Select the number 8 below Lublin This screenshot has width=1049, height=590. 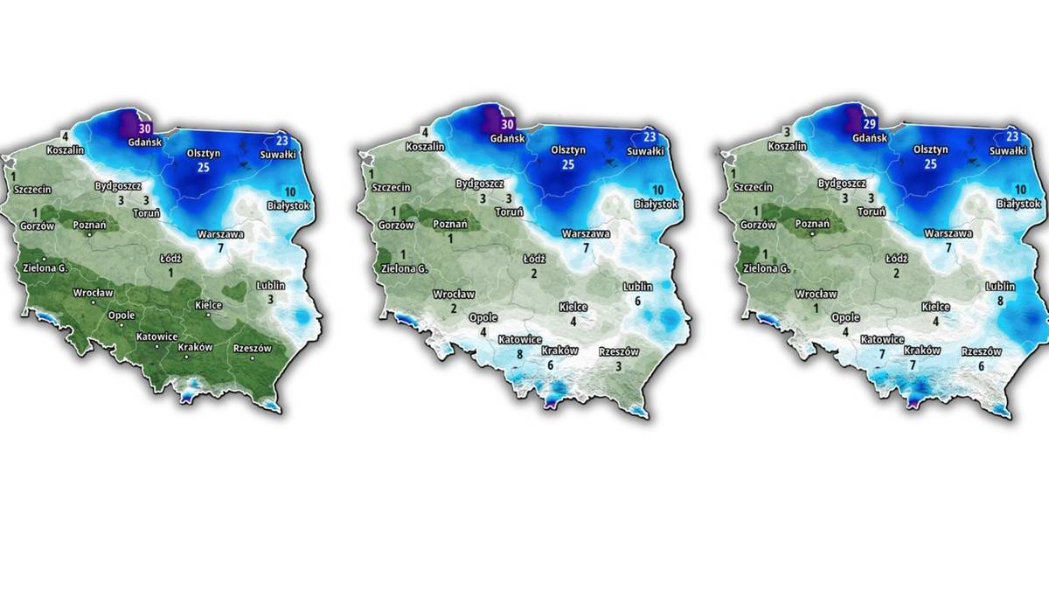coord(999,302)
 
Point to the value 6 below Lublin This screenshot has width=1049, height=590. coord(638,301)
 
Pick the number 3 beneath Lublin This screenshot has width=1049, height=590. coord(271,300)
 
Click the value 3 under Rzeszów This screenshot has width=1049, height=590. coord(618,367)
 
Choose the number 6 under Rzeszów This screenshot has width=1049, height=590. coord(981,366)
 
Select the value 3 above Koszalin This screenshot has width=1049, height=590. coord(787,132)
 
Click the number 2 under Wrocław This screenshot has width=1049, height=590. coord(454,308)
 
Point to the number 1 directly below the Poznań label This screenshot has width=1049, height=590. coord(451,239)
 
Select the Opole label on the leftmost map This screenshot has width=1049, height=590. coord(121,316)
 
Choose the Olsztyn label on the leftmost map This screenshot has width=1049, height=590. coord(204,152)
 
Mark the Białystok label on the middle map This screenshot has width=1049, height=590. coord(656,204)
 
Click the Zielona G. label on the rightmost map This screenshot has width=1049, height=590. coord(765,268)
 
